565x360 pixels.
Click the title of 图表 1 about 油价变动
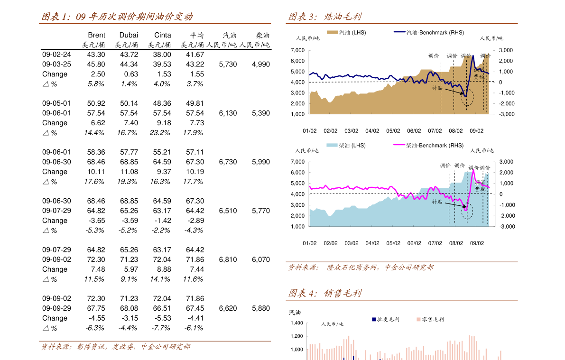pos(117,17)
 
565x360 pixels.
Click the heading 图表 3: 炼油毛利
pos(324,17)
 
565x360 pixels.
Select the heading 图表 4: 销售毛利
pos(324,293)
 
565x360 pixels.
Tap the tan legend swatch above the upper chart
pos(333,32)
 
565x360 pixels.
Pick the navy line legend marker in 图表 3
pos(399,32)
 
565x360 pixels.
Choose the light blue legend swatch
pos(332,145)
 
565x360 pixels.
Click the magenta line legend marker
pos(399,145)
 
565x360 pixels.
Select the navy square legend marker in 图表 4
pos(374,320)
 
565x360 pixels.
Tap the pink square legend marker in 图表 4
pos(418,320)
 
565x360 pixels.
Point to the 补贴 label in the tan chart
pos(437,88)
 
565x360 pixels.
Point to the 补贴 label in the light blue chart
pos(437,202)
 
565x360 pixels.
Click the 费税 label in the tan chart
pos(479,77)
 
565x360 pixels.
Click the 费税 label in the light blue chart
pos(480,189)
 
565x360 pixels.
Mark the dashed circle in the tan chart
pos(467,97)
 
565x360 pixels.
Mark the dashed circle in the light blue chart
pos(467,211)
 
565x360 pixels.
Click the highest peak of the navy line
pos(472,56)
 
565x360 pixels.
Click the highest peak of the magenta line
pos(473,170)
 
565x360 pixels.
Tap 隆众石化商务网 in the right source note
pos(352,268)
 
